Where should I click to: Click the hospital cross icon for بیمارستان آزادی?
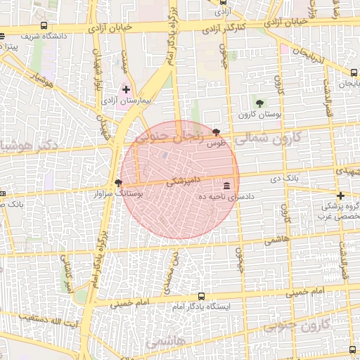(x=126, y=89)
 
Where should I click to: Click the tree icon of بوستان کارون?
(x=259, y=103)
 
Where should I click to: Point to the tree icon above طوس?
(x=216, y=132)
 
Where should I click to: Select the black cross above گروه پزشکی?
(x=340, y=195)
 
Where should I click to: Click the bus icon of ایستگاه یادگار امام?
(x=202, y=296)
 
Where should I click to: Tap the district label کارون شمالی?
(x=266, y=138)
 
